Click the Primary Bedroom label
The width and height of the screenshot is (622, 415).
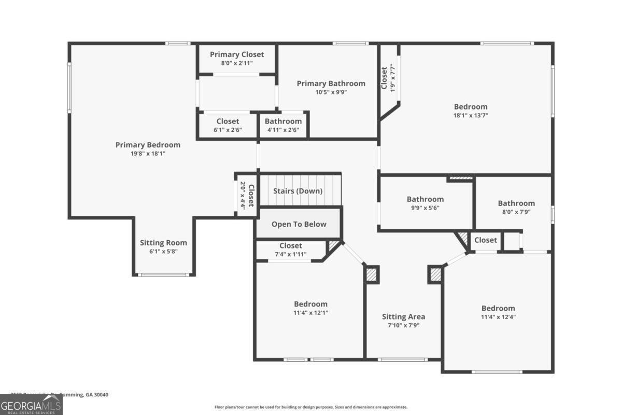coord(148,145)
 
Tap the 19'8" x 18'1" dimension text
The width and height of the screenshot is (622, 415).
coord(148,154)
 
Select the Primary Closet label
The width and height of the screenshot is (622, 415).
coord(237,54)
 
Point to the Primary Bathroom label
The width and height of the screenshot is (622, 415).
coord(331,84)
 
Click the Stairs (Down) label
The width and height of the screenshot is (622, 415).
coord(298,191)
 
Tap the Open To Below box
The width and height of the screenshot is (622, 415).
coord(299,224)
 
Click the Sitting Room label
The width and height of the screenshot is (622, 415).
coord(163,243)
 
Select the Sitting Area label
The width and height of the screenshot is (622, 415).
coord(403,316)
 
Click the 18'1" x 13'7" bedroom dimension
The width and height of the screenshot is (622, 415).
coord(471,116)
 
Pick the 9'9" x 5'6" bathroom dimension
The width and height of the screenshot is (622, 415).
coord(425,208)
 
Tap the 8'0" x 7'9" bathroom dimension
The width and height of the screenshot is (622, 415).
coord(516,212)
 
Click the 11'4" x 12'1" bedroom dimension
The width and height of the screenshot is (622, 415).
coord(310,313)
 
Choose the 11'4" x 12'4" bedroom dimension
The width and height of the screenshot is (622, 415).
coord(498,317)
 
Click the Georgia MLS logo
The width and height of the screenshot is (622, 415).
coord(31,405)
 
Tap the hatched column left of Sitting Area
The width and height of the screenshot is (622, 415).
coord(372,274)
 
